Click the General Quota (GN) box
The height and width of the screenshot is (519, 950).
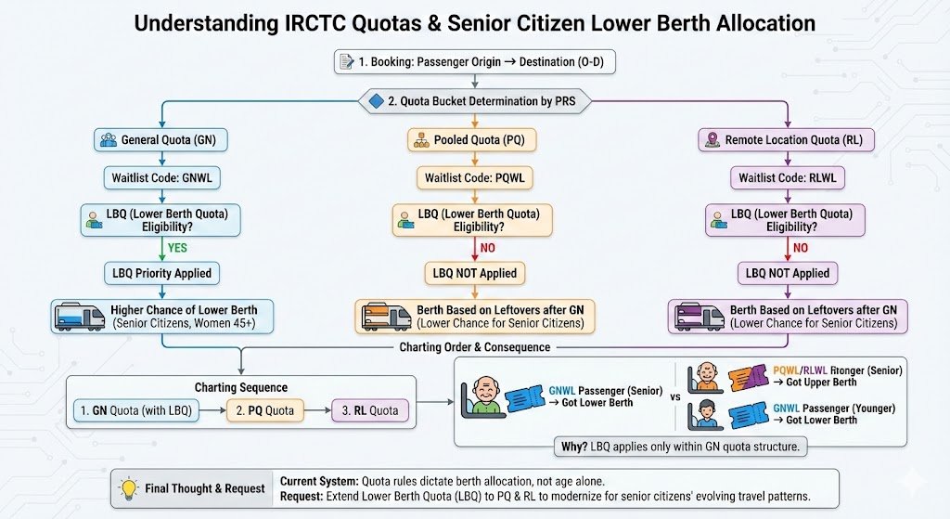pos(161,140)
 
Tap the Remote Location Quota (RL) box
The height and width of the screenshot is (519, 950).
pos(788,140)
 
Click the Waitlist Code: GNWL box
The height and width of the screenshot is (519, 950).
pos(161,176)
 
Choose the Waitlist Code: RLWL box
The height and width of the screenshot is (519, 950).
pos(788,176)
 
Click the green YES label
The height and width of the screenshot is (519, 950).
pos(178,247)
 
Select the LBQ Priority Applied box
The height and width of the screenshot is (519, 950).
pos(161,273)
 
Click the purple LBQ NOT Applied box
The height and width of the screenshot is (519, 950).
pos(788,273)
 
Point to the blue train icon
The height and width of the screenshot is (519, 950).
pos(80,317)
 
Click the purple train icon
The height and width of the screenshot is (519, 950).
pos(697,317)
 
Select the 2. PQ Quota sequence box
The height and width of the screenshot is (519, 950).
pos(266,409)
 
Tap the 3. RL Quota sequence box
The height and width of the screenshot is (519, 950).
pos(371,409)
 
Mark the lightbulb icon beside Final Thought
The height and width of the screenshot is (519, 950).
pos(127,487)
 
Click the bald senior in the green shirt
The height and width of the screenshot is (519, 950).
pos(488,396)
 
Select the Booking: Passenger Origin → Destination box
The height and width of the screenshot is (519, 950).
pos(475,62)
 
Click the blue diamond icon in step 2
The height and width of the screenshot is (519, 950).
pos(376,101)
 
